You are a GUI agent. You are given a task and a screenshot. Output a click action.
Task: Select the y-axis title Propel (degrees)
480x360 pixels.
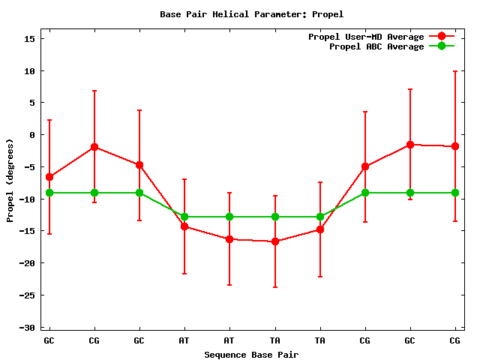click(10, 180)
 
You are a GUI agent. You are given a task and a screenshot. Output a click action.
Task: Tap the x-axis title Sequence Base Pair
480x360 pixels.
click(251, 354)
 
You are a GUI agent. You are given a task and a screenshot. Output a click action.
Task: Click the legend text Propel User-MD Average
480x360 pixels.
click(366, 37)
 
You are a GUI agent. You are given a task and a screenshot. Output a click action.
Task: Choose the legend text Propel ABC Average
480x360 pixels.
click(376, 46)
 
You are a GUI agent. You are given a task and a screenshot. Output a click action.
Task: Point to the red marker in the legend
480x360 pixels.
click(442, 37)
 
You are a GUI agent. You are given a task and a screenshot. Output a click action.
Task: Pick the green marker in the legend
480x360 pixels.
click(442, 46)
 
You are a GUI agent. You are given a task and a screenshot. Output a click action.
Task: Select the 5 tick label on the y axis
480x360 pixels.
click(31, 103)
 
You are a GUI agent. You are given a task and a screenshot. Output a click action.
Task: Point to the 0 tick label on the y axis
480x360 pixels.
click(31, 135)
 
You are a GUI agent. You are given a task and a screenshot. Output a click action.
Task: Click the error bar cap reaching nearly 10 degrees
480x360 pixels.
click(455, 71)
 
